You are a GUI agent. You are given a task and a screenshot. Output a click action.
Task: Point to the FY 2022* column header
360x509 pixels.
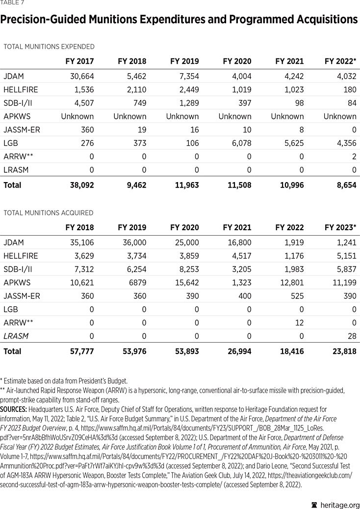(x=340, y=61)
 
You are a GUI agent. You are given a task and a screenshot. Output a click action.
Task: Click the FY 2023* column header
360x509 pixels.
(x=340, y=228)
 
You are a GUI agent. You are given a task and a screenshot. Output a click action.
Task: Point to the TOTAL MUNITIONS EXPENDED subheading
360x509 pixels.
(x=49, y=47)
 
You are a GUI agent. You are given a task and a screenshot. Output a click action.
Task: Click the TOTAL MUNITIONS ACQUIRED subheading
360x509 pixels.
(x=48, y=213)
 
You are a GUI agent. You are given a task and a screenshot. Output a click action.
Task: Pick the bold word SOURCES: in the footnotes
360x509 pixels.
(x=13, y=409)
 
